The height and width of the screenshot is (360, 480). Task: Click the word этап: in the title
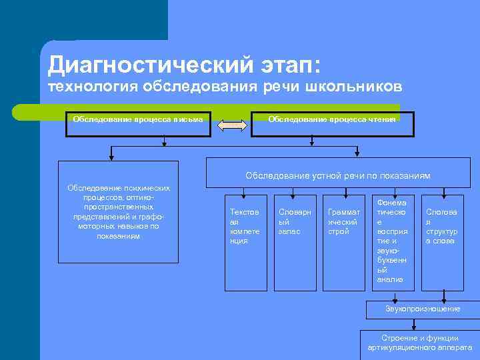287,65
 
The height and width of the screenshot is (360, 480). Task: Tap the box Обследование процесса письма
139,123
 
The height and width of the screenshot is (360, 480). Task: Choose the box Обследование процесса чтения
332,123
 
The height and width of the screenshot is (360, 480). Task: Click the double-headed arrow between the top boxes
232,125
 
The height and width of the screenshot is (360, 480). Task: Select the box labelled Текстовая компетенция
245,243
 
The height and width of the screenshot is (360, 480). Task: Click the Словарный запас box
294,243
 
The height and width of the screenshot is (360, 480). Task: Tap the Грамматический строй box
343,243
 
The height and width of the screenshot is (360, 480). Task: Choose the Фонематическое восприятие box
393,243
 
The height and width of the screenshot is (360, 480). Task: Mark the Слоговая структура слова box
442,243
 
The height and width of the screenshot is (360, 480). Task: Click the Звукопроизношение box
423,309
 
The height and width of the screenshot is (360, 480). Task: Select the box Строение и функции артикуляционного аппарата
419,343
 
